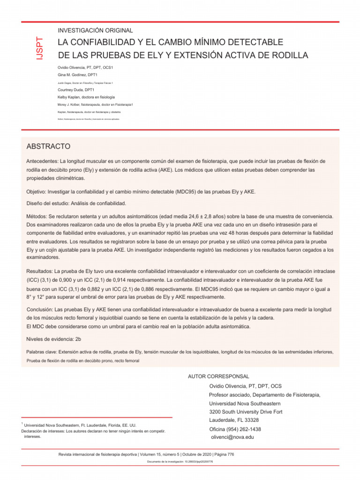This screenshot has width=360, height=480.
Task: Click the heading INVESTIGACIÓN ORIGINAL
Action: (x=95, y=30)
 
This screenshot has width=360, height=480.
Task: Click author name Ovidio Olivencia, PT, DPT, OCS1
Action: (x=85, y=67)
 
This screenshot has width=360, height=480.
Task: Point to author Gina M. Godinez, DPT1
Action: (x=77, y=75)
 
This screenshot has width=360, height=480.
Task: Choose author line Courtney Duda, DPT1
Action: (x=76, y=90)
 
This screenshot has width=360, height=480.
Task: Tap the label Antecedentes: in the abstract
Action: (x=42, y=161)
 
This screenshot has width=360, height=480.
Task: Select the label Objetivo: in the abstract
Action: (x=37, y=192)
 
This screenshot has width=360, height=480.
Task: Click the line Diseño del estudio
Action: (x=76, y=203)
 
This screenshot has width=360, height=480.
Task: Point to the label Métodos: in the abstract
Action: (x=37, y=216)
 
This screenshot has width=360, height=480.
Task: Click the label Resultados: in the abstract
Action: (x=40, y=271)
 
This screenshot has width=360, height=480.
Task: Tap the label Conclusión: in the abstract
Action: (x=40, y=310)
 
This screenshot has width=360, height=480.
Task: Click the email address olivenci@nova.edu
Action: (x=232, y=437)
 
